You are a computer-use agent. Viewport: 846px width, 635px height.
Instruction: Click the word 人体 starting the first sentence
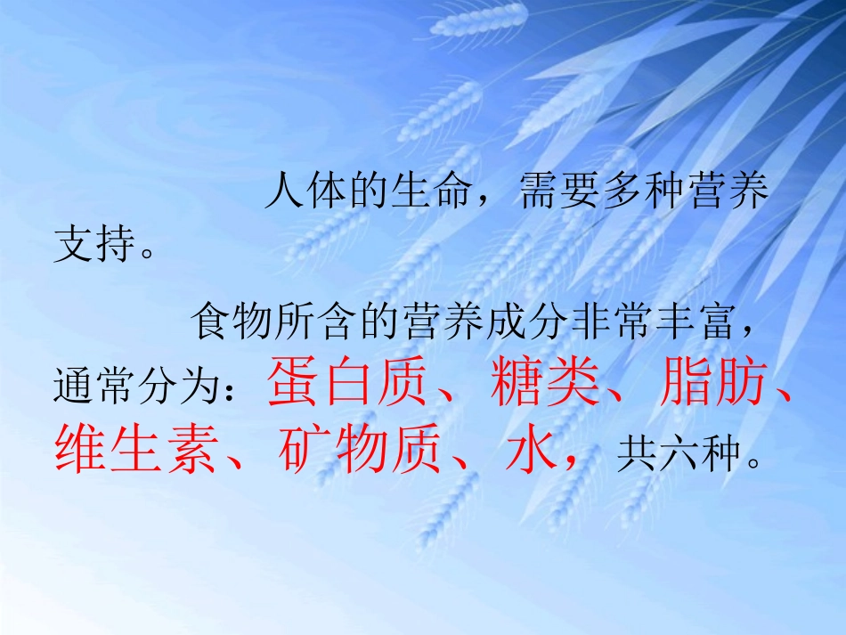[306, 193]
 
